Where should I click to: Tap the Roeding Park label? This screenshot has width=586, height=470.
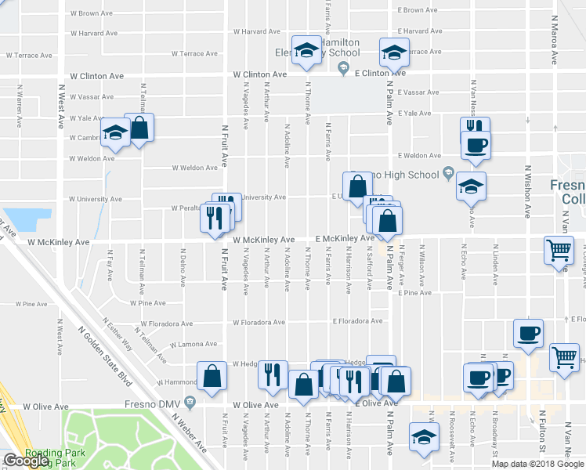[49, 453]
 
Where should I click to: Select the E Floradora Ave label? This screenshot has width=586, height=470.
[357, 320]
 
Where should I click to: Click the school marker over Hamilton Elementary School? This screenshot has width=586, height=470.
[306, 50]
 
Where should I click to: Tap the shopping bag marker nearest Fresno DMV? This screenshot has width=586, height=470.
[212, 377]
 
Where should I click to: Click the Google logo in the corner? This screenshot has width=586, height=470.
[27, 461]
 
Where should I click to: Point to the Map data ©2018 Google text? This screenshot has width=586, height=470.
[537, 464]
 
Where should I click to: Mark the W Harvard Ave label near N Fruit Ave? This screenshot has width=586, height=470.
[258, 32]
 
